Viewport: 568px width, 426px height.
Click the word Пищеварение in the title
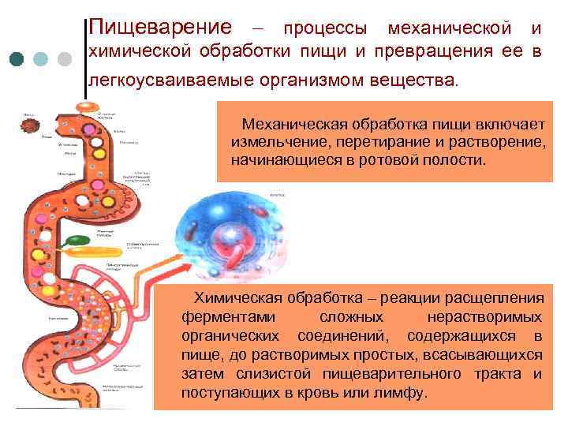click(x=161, y=28)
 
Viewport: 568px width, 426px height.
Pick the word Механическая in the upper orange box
click(x=291, y=124)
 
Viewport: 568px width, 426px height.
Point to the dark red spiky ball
click(x=32, y=129)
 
